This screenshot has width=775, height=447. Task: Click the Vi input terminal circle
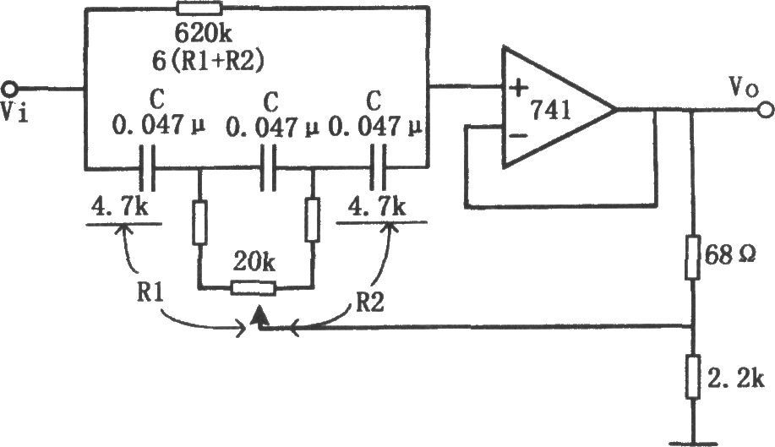point(10,90)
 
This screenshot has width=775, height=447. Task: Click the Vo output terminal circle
point(765,110)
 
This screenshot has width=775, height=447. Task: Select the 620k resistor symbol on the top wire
point(199,8)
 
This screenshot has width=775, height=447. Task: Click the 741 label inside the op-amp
point(550,111)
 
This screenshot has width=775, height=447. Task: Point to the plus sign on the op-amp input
point(518,89)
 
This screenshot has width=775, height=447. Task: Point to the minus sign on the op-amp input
point(517,135)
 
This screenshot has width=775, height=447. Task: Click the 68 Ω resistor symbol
point(692,258)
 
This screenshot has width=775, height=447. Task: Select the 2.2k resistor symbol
point(692,377)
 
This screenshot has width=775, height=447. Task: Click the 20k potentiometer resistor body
point(253,288)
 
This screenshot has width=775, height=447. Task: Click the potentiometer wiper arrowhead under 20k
point(259,316)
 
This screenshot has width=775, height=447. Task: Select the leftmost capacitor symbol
point(147,168)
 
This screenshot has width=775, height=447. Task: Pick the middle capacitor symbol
point(268,168)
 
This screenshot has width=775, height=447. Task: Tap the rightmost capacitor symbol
point(378,168)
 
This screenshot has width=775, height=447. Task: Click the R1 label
point(150,292)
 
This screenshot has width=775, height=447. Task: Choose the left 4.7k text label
point(119,207)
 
